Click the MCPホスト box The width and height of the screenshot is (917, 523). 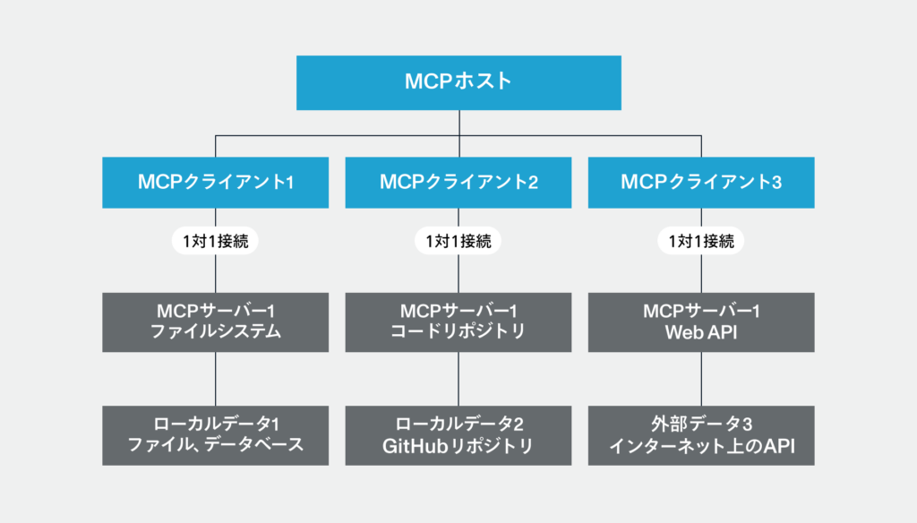click(458, 82)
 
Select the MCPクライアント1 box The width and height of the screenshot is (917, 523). click(216, 183)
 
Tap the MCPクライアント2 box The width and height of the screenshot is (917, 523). click(458, 183)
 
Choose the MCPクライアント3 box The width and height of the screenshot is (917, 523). click(701, 183)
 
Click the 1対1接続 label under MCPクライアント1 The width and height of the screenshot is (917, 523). click(215, 241)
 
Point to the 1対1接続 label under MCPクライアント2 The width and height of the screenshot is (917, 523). click(458, 241)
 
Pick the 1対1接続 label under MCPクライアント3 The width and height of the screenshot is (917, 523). click(701, 241)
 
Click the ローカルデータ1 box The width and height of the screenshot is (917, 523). click(216, 435)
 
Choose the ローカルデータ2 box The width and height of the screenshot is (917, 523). click(458, 435)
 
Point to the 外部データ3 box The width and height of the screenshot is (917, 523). click(701, 435)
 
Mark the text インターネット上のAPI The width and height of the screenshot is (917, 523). click(701, 446)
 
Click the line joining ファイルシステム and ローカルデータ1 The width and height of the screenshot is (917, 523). click(216, 379)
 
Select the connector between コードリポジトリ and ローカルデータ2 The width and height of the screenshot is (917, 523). click(458, 379)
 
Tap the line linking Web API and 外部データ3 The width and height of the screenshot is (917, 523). click(701, 379)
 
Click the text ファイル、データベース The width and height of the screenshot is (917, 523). click(216, 446)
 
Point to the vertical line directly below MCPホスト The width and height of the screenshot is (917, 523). click(458, 123)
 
